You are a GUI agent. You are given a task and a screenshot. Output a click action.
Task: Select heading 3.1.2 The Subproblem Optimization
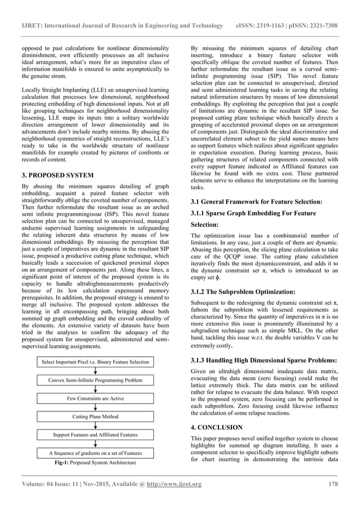click(243, 292)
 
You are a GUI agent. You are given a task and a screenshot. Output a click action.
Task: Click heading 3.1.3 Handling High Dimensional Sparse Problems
click(265, 360)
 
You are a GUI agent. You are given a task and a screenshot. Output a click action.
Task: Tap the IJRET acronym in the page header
click(32, 26)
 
